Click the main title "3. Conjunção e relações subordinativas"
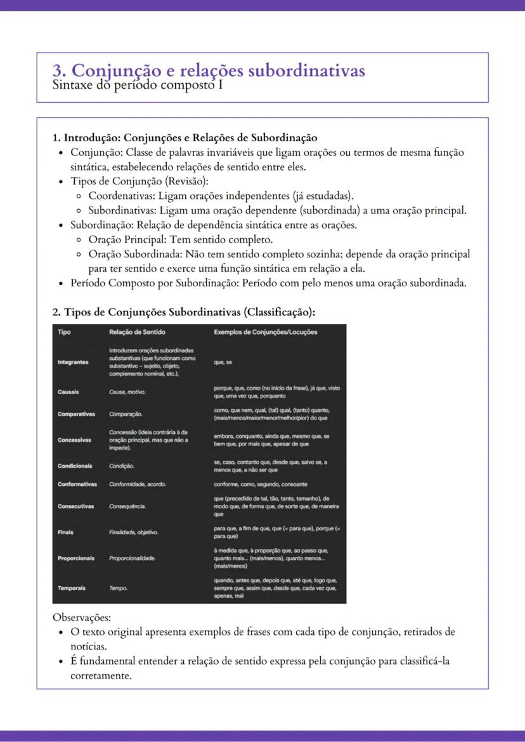[x=209, y=70]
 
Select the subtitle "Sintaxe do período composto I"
[x=138, y=84]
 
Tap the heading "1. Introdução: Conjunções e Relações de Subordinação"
[x=185, y=138]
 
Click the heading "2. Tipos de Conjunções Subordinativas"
[x=183, y=312]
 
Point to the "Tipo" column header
[x=64, y=332]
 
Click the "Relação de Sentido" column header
[x=137, y=332]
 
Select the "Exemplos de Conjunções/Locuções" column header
[x=265, y=332]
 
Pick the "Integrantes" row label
[x=73, y=362]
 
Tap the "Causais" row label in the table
[x=68, y=392]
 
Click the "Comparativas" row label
[x=76, y=414]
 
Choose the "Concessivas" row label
[x=74, y=440]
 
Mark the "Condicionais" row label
[x=75, y=466]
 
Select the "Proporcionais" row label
[x=75, y=558]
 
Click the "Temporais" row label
[x=71, y=588]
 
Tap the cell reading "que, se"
[x=223, y=362]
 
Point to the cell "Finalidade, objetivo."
[x=134, y=532]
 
